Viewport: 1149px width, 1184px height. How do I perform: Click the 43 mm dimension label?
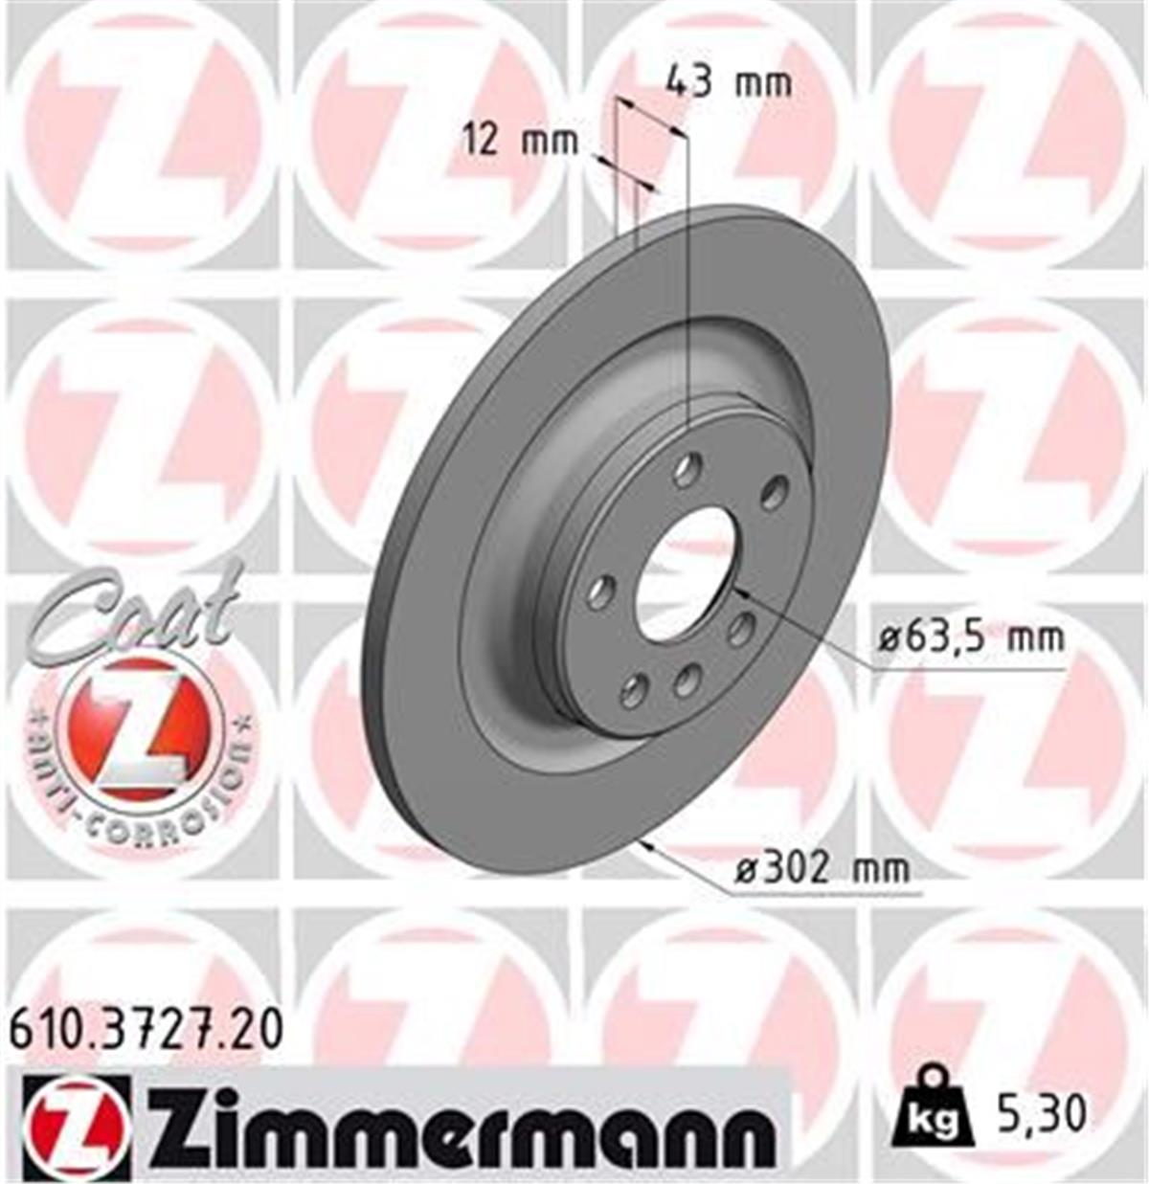[x=729, y=83]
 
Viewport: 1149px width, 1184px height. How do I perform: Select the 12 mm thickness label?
[x=521, y=141]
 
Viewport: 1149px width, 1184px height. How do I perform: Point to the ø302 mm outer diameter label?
[x=821, y=869]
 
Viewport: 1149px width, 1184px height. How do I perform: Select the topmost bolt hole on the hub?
[x=686, y=469]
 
